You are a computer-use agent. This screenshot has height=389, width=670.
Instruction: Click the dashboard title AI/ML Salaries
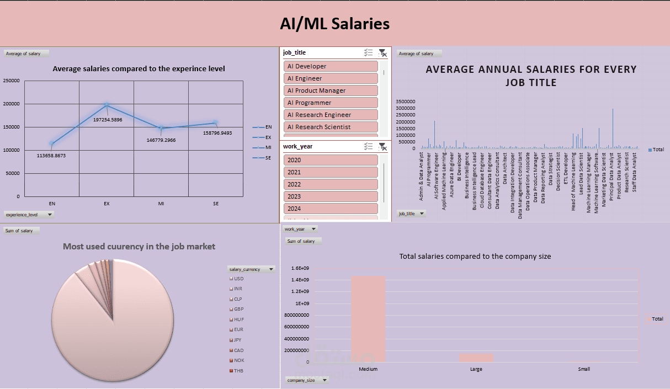(334, 24)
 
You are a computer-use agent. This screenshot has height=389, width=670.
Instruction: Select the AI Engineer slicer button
(331, 78)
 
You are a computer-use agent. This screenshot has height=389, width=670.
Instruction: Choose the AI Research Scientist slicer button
(331, 127)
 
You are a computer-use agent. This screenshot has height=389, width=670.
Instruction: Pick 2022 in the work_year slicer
(331, 184)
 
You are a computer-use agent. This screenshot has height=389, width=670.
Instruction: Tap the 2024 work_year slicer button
(331, 209)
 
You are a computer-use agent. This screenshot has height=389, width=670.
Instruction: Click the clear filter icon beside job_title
(382, 53)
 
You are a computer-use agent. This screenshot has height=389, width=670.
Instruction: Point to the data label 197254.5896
(108, 120)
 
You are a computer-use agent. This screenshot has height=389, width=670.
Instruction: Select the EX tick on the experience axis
(107, 204)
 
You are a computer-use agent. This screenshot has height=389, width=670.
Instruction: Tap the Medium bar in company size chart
(368, 319)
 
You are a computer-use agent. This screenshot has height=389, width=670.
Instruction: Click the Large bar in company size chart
(476, 358)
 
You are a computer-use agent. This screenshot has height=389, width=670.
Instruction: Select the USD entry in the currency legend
(238, 279)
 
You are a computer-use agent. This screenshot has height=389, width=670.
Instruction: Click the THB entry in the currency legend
(238, 371)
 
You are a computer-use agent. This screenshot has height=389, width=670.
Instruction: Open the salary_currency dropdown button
(270, 269)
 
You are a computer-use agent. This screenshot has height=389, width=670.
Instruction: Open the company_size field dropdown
(325, 380)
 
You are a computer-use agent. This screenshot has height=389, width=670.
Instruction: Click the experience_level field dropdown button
(50, 214)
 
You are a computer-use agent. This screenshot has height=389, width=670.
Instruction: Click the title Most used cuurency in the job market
(139, 247)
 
